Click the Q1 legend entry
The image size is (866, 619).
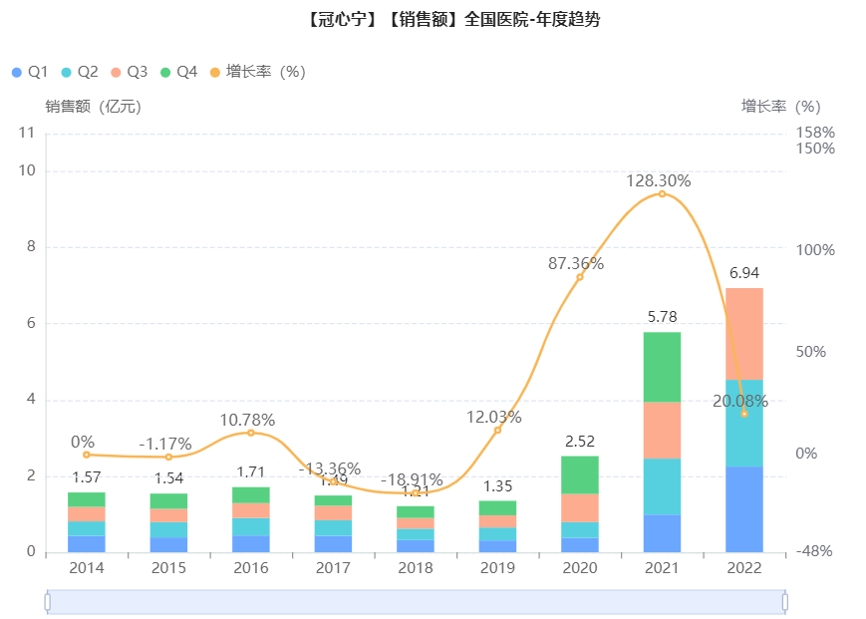click(x=30, y=72)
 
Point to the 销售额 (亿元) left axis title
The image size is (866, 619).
click(x=93, y=107)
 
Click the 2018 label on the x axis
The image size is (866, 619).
click(x=416, y=568)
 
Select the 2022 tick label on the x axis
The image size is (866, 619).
click(x=744, y=568)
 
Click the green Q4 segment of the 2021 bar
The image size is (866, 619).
click(x=662, y=367)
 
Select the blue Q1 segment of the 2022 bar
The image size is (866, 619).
click(x=744, y=508)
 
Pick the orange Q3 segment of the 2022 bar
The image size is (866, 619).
click(x=744, y=334)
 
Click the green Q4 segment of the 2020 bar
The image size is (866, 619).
click(x=580, y=474)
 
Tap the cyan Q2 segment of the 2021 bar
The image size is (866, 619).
click(x=662, y=486)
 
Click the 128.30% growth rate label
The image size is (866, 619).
click(x=659, y=181)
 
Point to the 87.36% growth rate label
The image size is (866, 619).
click(x=576, y=264)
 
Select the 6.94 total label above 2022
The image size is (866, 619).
click(x=744, y=272)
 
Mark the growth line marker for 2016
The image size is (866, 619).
click(x=251, y=433)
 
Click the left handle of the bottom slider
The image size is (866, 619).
click(x=47, y=602)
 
